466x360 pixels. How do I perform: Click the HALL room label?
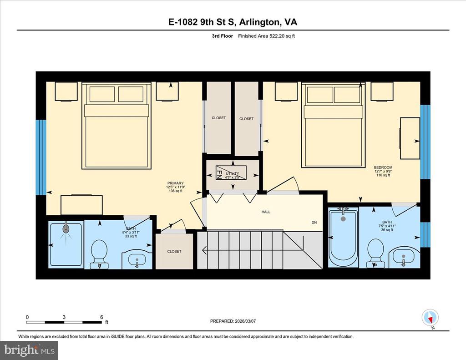266,212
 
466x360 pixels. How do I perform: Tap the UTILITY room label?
233,173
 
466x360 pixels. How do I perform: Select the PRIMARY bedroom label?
175,183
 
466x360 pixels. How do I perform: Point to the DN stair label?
314,223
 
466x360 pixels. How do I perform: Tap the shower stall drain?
66,229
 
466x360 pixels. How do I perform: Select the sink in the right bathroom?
403,257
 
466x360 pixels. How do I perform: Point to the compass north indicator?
430,318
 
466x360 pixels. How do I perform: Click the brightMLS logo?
29,350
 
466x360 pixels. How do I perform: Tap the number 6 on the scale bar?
101,317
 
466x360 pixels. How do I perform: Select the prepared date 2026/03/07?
245,321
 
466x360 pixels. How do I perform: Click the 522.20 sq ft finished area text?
282,36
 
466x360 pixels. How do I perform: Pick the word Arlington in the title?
259,22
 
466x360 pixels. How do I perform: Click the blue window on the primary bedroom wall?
41,157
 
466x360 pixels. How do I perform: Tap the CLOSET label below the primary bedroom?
174,251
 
